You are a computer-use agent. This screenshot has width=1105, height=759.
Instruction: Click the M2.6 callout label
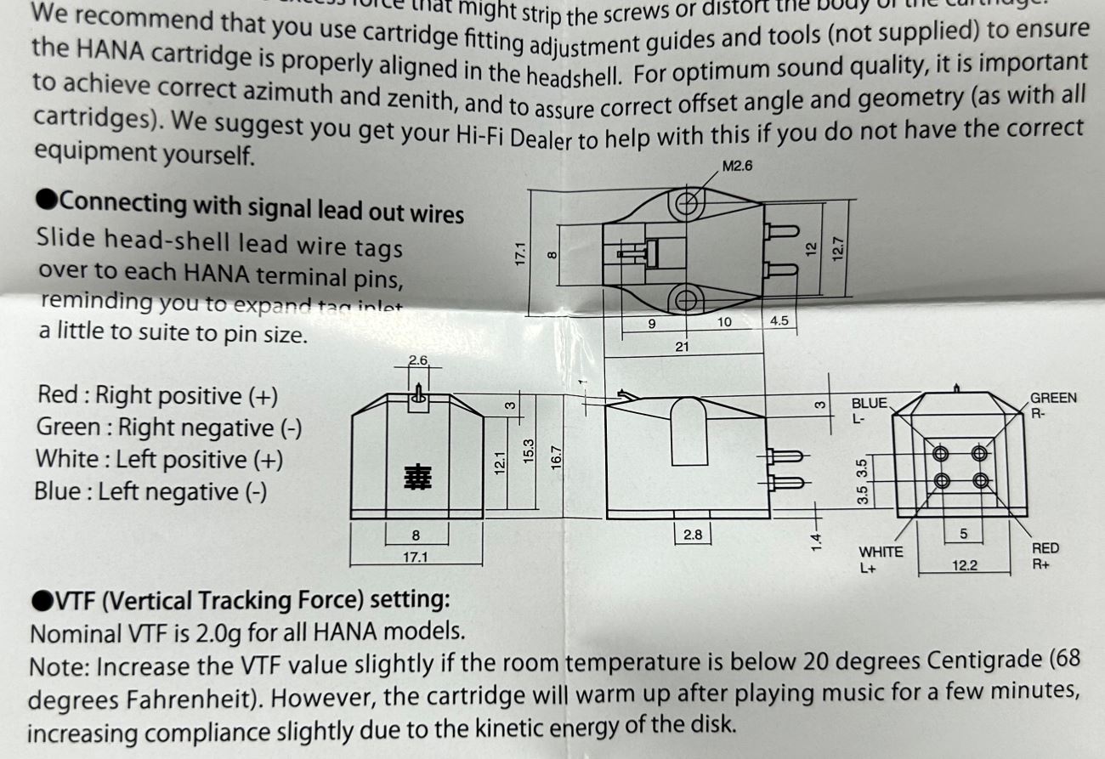(x=736, y=166)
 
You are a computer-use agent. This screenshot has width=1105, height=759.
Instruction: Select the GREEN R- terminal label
(x=1053, y=405)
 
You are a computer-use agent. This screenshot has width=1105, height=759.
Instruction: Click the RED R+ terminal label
(x=1045, y=555)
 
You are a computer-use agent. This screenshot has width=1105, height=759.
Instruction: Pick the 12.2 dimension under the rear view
(x=964, y=565)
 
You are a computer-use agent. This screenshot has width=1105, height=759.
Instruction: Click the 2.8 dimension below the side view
(x=692, y=535)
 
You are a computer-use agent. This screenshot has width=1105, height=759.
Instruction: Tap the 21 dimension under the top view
(x=681, y=346)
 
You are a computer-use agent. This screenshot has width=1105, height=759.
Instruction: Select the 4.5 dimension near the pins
(x=779, y=322)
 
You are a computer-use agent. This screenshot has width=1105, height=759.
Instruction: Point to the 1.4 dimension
(x=816, y=540)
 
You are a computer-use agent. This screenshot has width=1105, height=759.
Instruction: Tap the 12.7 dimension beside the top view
(x=837, y=249)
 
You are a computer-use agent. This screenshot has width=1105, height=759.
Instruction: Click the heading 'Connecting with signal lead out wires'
(x=251, y=206)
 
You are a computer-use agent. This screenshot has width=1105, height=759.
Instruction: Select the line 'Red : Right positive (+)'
(x=157, y=395)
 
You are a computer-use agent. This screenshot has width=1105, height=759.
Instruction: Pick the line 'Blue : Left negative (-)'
(x=150, y=491)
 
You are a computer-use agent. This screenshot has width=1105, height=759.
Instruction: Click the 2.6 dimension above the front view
(x=417, y=360)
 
